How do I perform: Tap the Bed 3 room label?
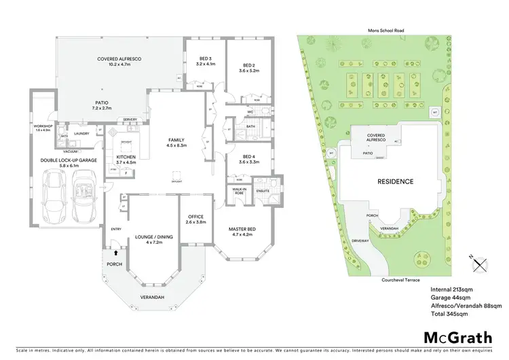point(205,60)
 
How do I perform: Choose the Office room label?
point(195,220)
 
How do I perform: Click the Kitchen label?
point(127,159)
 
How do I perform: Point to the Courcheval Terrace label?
point(402,279)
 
